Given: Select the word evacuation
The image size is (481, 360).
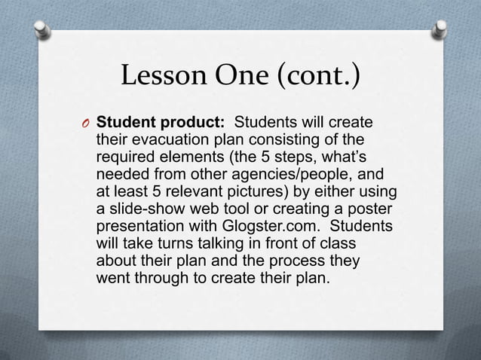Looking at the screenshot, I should point(164,140).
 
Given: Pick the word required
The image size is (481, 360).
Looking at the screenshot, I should point(124,157).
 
